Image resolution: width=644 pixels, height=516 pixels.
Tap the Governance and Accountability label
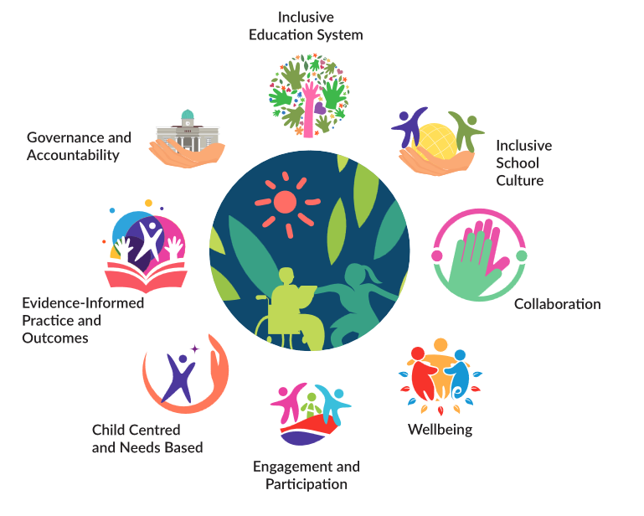pos(79,146)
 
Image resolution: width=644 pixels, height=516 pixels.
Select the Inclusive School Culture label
pos(523,163)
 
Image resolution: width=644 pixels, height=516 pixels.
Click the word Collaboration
pos(557,304)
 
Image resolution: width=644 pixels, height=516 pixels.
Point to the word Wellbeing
pos(440,430)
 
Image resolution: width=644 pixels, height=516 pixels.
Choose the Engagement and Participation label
pos(307,475)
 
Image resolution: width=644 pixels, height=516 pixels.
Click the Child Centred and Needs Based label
pos(147,439)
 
